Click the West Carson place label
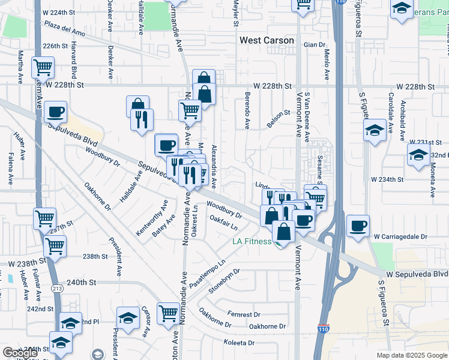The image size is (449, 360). (267, 41)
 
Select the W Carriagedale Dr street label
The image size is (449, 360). (399, 237)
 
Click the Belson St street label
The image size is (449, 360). (279, 112)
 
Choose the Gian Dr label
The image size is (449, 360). (314, 44)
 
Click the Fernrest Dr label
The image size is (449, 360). (244, 314)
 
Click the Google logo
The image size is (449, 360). (20, 353)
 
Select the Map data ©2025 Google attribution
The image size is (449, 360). (412, 355)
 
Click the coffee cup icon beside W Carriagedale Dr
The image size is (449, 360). (358, 225)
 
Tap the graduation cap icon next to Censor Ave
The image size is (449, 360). (128, 319)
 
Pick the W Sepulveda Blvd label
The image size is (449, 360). (417, 274)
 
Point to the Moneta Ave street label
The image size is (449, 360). (432, 182)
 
